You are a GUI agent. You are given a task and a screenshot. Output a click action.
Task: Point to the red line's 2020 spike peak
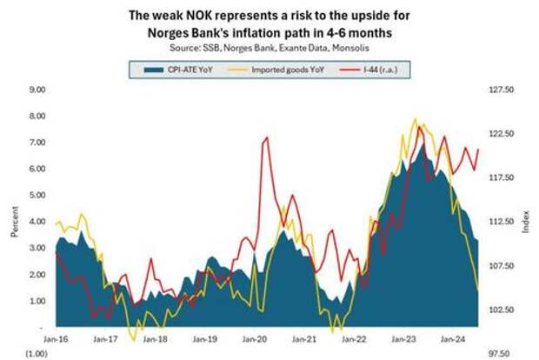coord(264,137)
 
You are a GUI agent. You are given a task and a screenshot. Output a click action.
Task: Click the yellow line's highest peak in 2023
coord(414,119)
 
